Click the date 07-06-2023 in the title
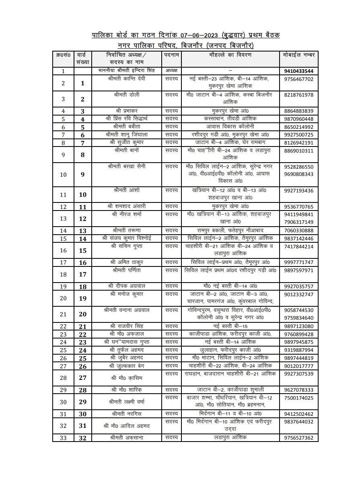[x=196, y=35]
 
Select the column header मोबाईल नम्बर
[x=298, y=54]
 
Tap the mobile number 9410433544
[x=298, y=71]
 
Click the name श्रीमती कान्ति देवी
[x=127, y=79]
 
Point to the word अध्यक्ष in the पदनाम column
[x=171, y=71]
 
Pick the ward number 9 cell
[x=83, y=174]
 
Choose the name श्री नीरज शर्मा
[x=127, y=214]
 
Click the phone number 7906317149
[x=298, y=222]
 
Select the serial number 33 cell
[x=63, y=438]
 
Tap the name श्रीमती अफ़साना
[x=127, y=438]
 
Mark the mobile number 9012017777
[x=298, y=366]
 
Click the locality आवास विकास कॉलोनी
[x=230, y=126]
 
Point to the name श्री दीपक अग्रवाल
[x=127, y=286]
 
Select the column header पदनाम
[x=171, y=54]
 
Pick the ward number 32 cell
[x=83, y=438]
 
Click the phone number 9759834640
[x=298, y=318]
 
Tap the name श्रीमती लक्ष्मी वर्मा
[x=127, y=402]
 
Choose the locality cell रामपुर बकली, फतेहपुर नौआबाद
[x=230, y=230]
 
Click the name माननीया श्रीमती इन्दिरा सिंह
[x=127, y=71]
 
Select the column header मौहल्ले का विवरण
[x=230, y=54]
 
